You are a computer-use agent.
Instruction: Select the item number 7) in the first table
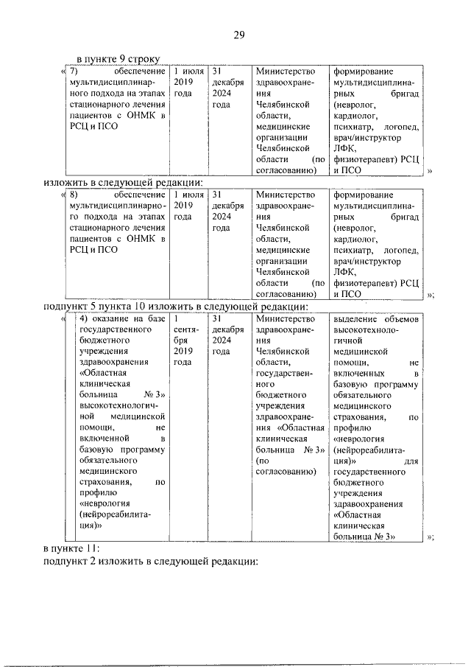tap(74, 71)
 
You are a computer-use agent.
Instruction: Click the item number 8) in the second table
tap(74, 195)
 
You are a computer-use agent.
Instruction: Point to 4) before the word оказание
tap(84, 318)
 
